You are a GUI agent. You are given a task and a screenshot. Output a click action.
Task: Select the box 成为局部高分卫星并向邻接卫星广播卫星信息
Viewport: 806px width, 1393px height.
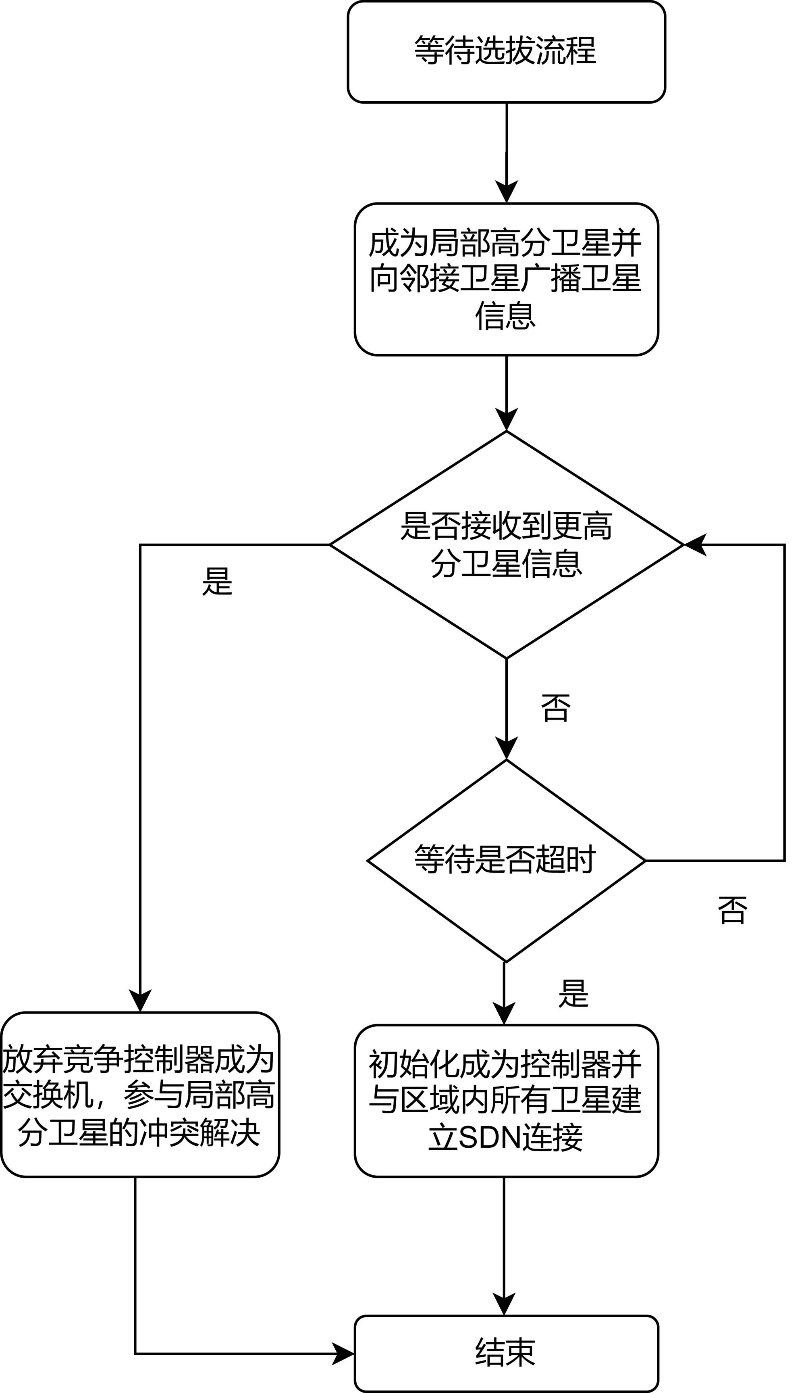point(506,279)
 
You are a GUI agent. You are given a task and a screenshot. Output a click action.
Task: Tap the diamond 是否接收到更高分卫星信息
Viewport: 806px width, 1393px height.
point(506,544)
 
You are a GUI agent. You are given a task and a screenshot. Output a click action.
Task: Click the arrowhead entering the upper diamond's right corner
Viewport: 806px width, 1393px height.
point(694,544)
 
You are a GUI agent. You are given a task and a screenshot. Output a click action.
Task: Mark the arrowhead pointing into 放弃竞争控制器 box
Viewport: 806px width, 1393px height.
point(140,1001)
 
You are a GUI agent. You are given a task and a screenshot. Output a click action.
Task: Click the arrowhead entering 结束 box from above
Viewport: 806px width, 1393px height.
point(504,1305)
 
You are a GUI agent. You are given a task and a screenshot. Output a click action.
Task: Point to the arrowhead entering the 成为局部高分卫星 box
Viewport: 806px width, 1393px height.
point(506,192)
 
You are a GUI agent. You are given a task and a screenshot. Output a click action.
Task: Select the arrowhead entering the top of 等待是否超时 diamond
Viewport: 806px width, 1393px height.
point(506,749)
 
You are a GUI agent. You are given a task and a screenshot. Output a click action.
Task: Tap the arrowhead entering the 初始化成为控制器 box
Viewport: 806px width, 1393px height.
point(504,1014)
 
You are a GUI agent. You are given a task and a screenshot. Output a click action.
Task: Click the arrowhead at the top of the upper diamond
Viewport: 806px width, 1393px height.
point(506,419)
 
